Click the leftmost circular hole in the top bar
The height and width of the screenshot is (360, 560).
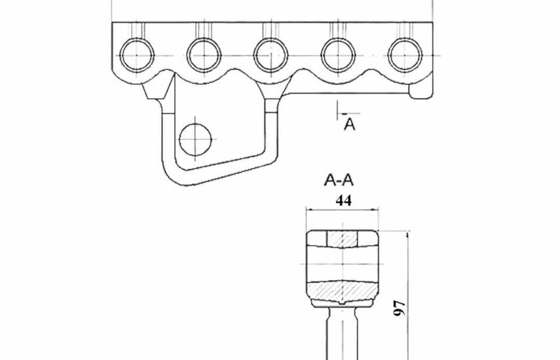coord(137,56)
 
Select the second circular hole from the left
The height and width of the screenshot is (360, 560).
coord(204,56)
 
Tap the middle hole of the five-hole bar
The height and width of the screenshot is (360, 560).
coord(271,56)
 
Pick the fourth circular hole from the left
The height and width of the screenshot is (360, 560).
coord(338,56)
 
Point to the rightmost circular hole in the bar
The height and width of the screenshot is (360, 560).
coord(405,56)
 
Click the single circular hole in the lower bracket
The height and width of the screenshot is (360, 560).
coord(195,139)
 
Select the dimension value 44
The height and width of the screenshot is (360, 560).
coord(344,200)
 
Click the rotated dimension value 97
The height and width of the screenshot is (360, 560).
coord(400,308)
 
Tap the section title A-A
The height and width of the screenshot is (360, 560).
coord(339,180)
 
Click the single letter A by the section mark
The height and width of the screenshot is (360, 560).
coord(350,124)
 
